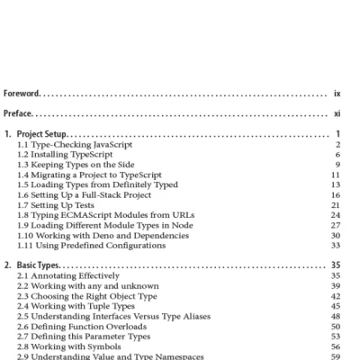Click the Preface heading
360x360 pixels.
[x=18, y=113]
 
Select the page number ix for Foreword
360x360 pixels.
[x=336, y=93]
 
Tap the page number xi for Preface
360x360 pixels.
[x=336, y=113]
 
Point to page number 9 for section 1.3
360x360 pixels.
[x=337, y=164]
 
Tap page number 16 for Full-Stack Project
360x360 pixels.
[x=335, y=193]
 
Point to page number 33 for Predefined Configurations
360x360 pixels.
[x=335, y=244]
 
